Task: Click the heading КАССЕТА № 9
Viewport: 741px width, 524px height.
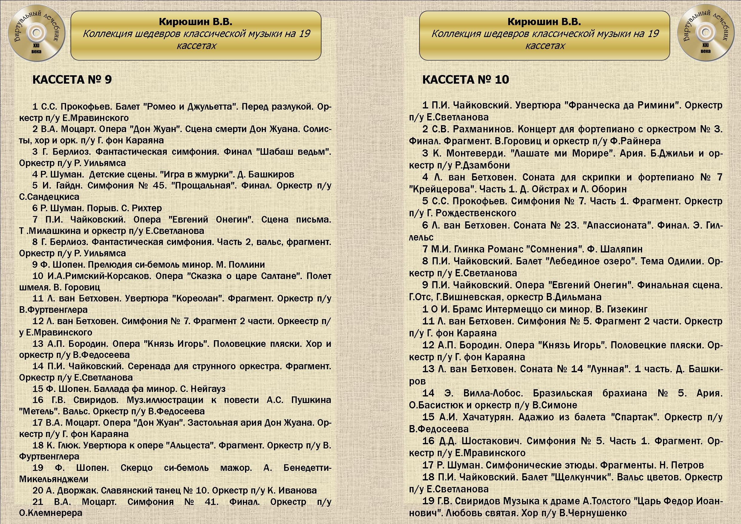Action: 72,80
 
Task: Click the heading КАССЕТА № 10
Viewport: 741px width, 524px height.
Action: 466,80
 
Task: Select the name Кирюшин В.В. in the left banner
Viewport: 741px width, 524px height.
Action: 196,22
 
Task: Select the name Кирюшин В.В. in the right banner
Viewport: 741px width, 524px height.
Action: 544,22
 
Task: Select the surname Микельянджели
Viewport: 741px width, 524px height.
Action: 53,479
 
